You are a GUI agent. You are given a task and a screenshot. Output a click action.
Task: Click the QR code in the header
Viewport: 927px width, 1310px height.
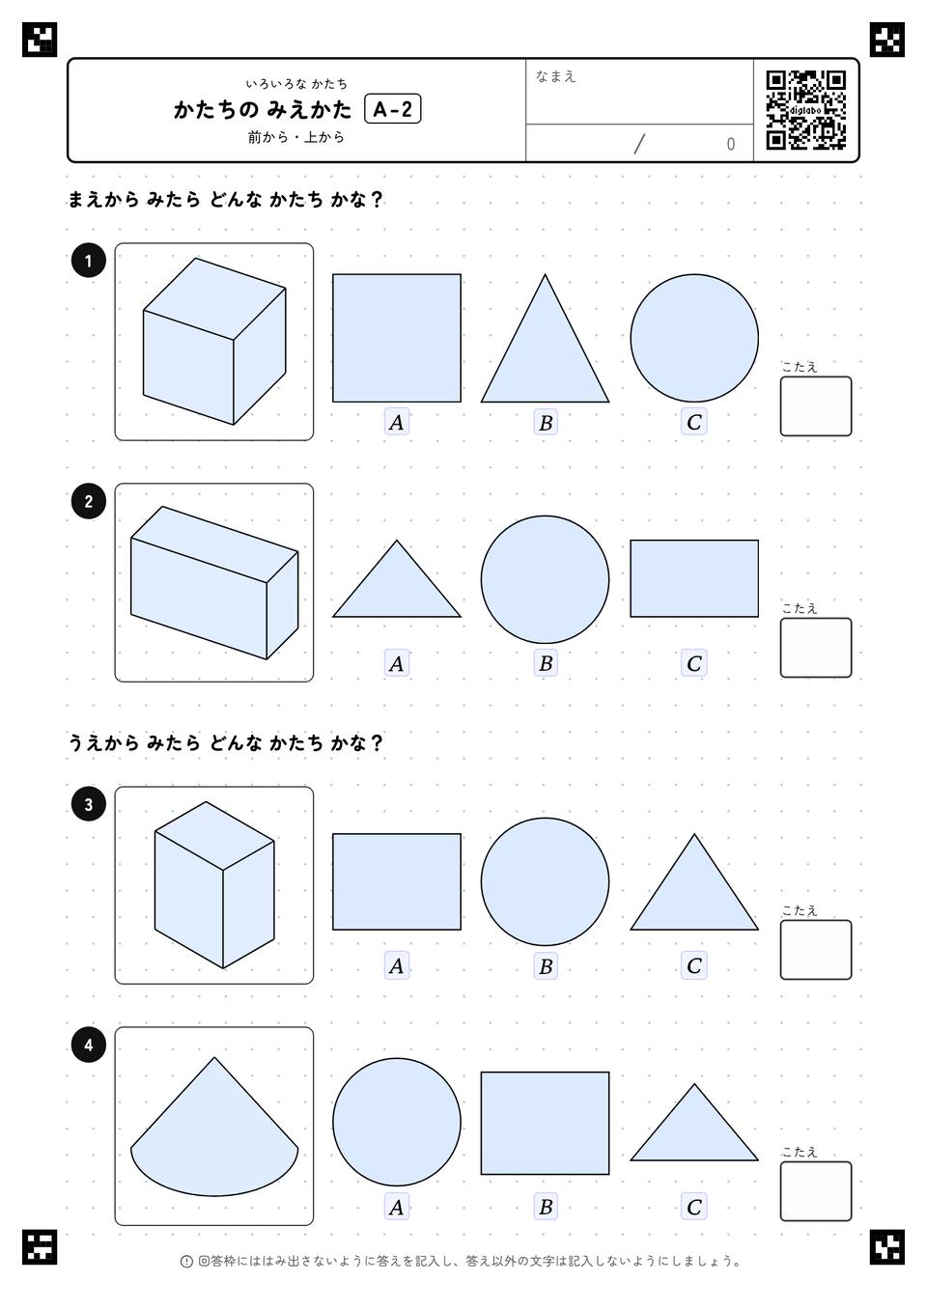[x=806, y=110]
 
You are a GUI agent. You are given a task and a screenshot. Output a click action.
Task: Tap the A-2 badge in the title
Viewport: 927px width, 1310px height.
[x=392, y=109]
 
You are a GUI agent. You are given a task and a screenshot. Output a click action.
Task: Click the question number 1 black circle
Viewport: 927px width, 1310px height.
[x=88, y=261]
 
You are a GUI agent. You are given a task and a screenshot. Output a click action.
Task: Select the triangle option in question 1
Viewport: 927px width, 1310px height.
[x=545, y=338]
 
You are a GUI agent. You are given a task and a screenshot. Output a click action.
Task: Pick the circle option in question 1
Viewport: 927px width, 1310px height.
[x=694, y=338]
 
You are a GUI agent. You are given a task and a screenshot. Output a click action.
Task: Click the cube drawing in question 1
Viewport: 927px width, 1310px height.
[x=214, y=341]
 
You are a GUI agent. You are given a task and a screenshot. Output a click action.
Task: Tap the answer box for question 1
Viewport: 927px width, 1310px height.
[x=816, y=406]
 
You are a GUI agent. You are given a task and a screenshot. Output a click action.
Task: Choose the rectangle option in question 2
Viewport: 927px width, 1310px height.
[x=694, y=578]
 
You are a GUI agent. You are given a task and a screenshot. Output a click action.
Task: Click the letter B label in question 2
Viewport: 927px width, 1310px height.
[x=546, y=663]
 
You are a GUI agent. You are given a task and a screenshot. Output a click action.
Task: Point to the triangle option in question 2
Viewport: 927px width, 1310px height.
[x=397, y=578]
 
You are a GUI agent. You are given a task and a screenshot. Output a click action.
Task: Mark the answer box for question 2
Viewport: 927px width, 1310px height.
[x=816, y=648]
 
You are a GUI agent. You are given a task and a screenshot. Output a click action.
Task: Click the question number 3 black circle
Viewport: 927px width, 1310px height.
[x=88, y=804]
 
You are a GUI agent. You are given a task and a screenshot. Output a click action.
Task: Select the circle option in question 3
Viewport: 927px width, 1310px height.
[x=545, y=881]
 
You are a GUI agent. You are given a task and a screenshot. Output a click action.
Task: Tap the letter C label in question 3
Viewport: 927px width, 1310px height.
[x=694, y=965]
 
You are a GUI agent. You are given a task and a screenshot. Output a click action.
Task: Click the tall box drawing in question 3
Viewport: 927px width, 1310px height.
[x=214, y=885]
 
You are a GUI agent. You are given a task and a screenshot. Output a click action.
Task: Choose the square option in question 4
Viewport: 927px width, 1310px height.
[x=545, y=1123]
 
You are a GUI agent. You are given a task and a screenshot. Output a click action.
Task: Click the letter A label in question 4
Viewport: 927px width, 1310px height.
[x=397, y=1207]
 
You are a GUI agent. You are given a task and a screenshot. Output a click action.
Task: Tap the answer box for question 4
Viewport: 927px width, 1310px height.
[x=816, y=1191]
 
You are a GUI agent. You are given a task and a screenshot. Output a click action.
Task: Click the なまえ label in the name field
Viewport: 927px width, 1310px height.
[x=555, y=76]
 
